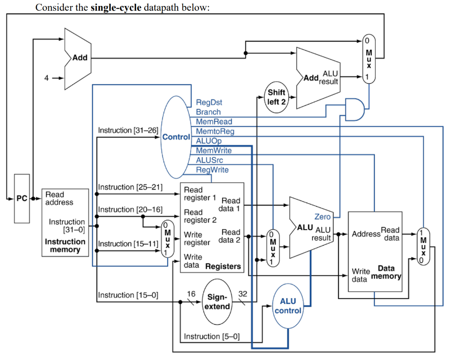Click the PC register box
click(x=22, y=198)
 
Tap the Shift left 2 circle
click(x=276, y=97)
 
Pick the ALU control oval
click(x=288, y=306)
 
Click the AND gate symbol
click(x=354, y=109)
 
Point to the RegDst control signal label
click(x=208, y=103)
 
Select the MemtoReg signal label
click(x=215, y=131)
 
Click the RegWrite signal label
click(x=212, y=170)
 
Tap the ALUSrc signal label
click(x=209, y=160)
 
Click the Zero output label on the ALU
click(x=322, y=217)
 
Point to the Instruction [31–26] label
click(x=128, y=130)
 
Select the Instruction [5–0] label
click(x=212, y=336)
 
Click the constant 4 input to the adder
click(x=46, y=77)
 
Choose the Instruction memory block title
click(x=65, y=246)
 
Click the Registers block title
click(x=223, y=266)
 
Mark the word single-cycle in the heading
click(x=116, y=8)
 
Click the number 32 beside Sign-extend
click(x=242, y=294)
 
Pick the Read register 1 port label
click(x=200, y=194)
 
